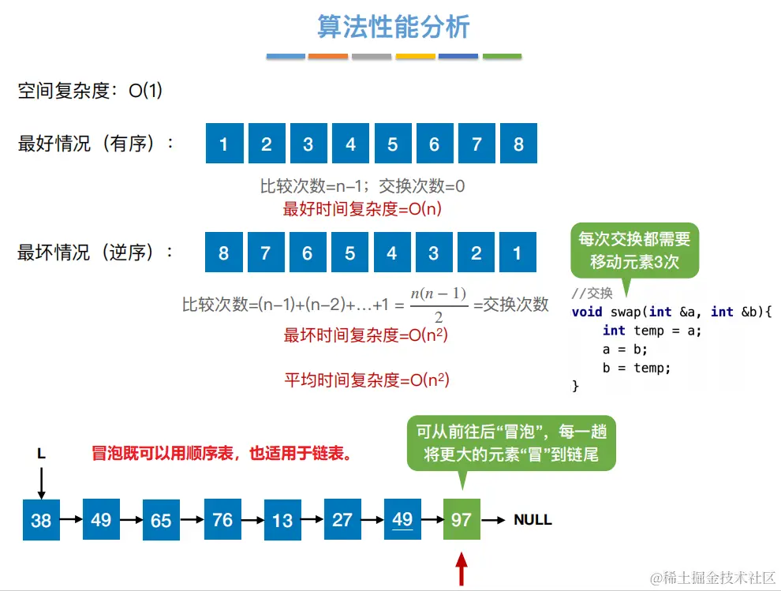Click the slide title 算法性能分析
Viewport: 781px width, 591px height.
pos(393,27)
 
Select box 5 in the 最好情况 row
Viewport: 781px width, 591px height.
pos(393,144)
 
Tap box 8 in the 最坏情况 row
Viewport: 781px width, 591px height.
pos(224,253)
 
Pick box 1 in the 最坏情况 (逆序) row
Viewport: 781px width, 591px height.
pos(518,253)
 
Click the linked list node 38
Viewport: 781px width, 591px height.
pos(41,520)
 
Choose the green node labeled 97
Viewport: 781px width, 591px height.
pos(461,520)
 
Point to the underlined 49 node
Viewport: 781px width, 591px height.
pos(402,519)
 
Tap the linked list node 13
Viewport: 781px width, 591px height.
pos(282,520)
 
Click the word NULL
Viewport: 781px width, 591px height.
pos(532,520)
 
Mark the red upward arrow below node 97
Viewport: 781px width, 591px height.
pos(461,569)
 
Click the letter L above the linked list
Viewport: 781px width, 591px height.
pos(41,454)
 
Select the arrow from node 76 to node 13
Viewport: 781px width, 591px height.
pos(252,520)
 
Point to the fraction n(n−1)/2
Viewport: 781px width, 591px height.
pos(439,305)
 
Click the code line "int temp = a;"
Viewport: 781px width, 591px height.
pos(652,331)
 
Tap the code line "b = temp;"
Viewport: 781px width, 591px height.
pos(636,367)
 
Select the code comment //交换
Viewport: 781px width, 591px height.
pos(592,294)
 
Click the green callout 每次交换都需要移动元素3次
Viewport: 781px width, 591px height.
pos(634,251)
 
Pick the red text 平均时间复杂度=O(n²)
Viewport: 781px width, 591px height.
pos(367,380)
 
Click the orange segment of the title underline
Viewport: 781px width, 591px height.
pos(328,57)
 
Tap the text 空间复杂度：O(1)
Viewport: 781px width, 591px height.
pos(91,92)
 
